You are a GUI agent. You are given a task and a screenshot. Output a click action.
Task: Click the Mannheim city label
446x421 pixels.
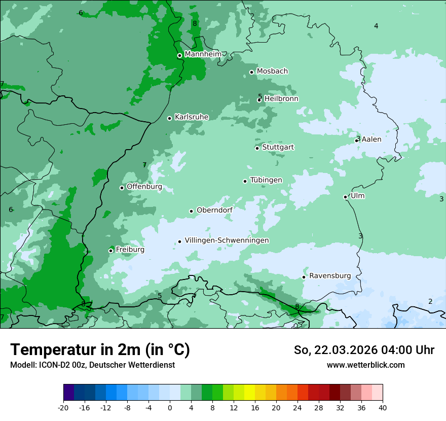(203, 54)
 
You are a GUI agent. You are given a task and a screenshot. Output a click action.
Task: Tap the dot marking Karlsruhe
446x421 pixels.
(169, 118)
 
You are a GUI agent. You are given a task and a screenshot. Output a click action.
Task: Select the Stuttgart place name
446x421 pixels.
(278, 147)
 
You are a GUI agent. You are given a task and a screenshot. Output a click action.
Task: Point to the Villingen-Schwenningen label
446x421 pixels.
(227, 240)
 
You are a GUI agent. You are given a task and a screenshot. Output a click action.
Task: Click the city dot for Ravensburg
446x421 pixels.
(304, 277)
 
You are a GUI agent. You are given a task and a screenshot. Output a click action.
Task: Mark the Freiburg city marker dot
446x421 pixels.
(110, 251)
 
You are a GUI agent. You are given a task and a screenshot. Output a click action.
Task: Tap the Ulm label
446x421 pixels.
(357, 196)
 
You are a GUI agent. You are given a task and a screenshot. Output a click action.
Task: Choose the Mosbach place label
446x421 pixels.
(272, 72)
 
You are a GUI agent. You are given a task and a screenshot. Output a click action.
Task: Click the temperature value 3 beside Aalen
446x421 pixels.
(358, 138)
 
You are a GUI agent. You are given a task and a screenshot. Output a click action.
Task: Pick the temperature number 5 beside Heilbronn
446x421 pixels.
(260, 96)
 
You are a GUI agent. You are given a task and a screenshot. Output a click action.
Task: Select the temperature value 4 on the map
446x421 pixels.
(376, 26)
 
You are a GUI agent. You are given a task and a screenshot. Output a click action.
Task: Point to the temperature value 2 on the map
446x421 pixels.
(430, 301)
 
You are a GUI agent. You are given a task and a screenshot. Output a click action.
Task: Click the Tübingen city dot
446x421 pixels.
(245, 181)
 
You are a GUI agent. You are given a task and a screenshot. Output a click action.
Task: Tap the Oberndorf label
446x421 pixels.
(214, 210)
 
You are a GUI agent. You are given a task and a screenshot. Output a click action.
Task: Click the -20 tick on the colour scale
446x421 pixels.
(63, 407)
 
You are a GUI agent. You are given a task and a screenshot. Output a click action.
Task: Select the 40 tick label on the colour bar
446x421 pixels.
(383, 407)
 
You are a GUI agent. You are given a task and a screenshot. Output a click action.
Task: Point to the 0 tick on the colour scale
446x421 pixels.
(170, 407)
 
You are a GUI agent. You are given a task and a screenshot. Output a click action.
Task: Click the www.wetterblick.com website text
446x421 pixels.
(365, 365)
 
